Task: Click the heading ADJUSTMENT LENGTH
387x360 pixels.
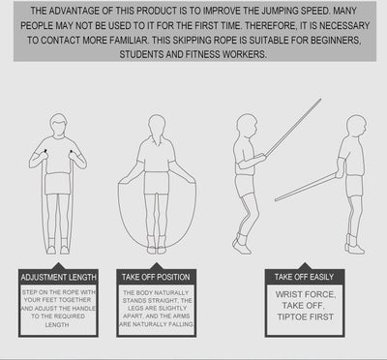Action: pyautogui.click(x=58, y=277)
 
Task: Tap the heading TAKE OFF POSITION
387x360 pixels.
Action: pyautogui.click(x=156, y=277)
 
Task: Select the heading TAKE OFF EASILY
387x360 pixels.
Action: pyautogui.click(x=304, y=277)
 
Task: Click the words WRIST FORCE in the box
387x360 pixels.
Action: pyautogui.click(x=306, y=294)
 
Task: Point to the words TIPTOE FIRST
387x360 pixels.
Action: pyautogui.click(x=306, y=316)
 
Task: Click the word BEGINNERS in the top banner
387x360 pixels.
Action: pyautogui.click(x=328, y=40)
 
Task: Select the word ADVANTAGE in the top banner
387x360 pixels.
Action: pyautogui.click(x=79, y=11)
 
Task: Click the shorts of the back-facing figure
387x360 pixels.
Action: pyautogui.click(x=157, y=183)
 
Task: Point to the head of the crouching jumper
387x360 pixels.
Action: pyautogui.click(x=247, y=125)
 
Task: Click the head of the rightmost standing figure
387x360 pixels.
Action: pyautogui.click(x=356, y=126)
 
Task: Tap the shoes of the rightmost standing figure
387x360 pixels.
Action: pyautogui.click(x=354, y=247)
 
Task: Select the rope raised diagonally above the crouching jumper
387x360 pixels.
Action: pyautogui.click(x=293, y=128)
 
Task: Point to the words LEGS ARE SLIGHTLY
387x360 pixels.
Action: pyautogui.click(x=157, y=309)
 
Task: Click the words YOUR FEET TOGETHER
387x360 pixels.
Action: pyautogui.click(x=57, y=300)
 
